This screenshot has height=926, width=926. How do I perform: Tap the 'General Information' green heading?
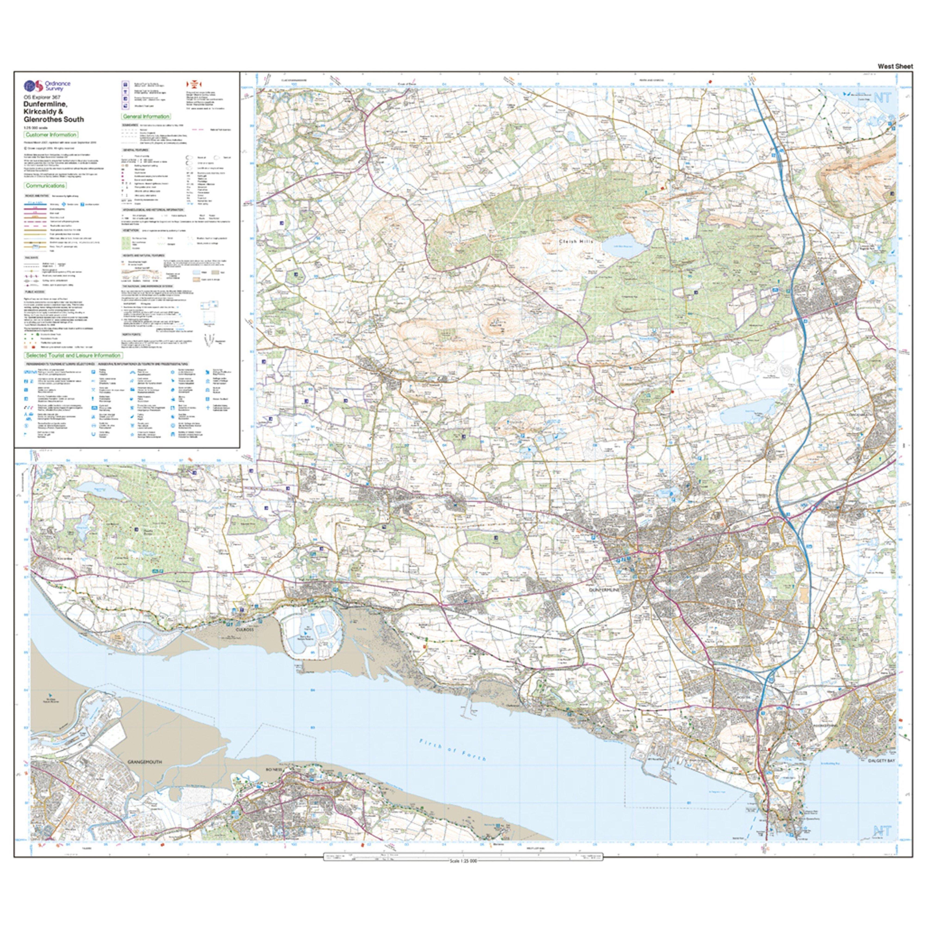pos(146,116)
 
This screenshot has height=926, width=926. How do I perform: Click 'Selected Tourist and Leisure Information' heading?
pos(73,355)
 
